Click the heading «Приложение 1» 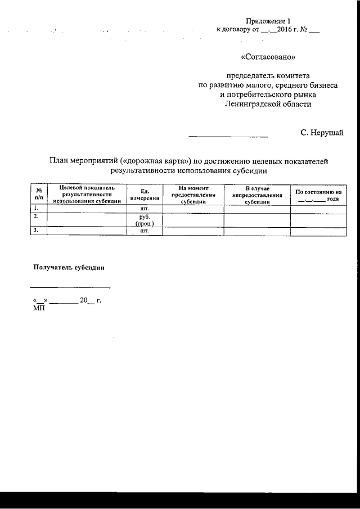point(268,20)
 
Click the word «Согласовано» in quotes point(268,57)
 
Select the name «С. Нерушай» point(322,133)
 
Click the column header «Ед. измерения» point(145,194)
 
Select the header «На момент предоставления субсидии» point(193,194)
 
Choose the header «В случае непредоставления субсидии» point(257,194)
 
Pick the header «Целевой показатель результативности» point(86,194)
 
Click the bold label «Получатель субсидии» point(69,267)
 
